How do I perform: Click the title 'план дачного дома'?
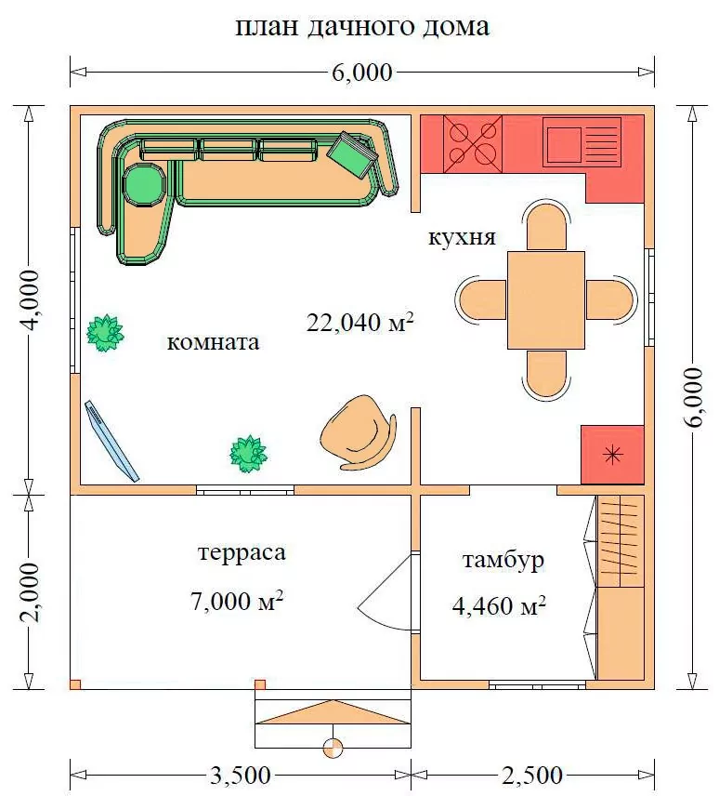coord(362,27)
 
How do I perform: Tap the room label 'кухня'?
coord(462,237)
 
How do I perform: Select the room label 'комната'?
coord(213,342)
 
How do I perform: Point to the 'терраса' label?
coord(242,553)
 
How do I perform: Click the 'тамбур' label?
coord(503,560)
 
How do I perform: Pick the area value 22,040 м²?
coord(360,323)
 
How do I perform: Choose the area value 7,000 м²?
coord(237,601)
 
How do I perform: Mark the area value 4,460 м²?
coord(499,605)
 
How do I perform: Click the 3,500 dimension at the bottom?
coord(240,776)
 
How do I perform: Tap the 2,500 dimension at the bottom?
coord(532,776)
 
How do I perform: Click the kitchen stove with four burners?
coord(473,143)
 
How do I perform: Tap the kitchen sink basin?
coord(563,142)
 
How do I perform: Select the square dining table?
coord(546,300)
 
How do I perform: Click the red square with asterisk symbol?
coord(612,455)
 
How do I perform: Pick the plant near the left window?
coord(105,333)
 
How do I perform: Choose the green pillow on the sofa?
coord(353,154)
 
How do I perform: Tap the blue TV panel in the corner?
coord(111,441)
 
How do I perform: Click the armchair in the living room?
coord(359,432)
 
